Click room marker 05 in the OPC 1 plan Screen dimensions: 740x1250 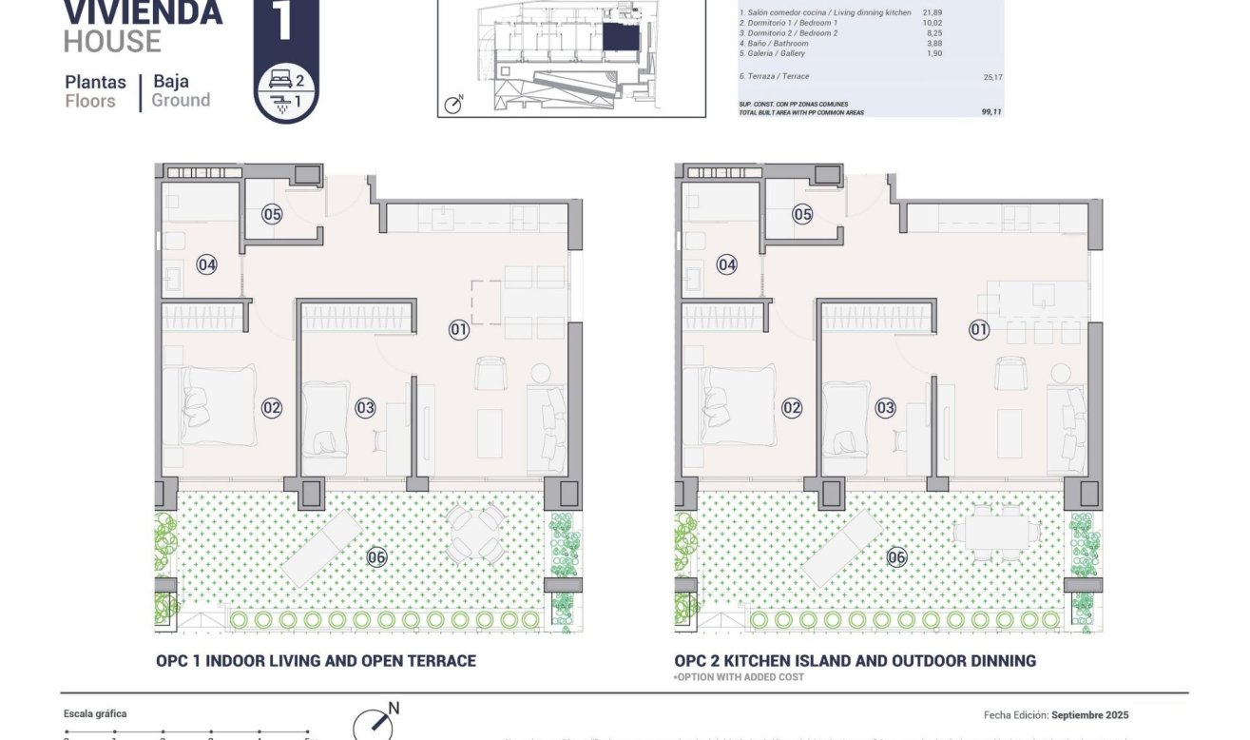click(272, 214)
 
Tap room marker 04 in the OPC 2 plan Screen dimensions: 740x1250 click(727, 265)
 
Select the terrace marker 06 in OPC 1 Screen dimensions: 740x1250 click(376, 557)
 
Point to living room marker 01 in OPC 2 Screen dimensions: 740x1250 click(979, 330)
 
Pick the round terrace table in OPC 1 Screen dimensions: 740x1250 click(475, 534)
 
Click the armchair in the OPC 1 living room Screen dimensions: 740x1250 click(490, 373)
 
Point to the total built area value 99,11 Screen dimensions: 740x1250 click(991, 111)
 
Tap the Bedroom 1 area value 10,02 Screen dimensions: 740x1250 click(931, 23)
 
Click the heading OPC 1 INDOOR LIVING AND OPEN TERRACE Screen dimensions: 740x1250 click(316, 661)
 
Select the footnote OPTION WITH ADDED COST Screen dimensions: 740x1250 click(739, 677)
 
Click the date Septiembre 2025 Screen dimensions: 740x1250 click(1090, 715)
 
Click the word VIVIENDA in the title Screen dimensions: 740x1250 click(143, 12)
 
